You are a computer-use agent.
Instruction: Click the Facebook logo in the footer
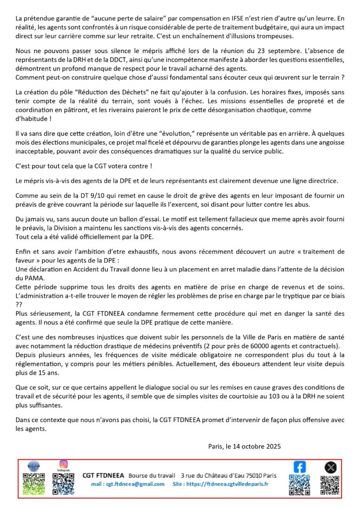pos(300,467)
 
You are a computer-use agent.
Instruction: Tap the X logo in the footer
pos(331,467)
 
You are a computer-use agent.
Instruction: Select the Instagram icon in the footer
pos(63,464)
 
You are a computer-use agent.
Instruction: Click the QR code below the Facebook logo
pos(300,485)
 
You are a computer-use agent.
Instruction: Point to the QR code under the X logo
pos(330,485)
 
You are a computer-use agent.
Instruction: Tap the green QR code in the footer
pos(34,484)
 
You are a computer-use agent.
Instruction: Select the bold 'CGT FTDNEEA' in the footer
pos(103,475)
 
